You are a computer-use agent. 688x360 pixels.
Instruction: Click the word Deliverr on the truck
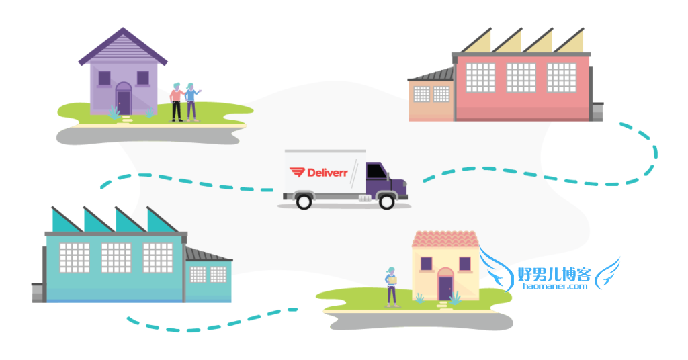[327, 173]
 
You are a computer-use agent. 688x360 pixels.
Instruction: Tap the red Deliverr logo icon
[297, 172]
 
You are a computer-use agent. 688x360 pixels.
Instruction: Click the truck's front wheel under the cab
[386, 201]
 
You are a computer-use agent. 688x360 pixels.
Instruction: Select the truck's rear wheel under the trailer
[304, 201]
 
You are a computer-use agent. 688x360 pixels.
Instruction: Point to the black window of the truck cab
[376, 171]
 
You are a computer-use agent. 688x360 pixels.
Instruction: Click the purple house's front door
[124, 101]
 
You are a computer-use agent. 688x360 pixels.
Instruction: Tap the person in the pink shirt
[177, 101]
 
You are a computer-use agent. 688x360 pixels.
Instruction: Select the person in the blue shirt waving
[191, 101]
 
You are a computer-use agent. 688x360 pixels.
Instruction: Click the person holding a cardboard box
[391, 287]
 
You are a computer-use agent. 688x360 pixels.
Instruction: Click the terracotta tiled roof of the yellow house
[445, 239]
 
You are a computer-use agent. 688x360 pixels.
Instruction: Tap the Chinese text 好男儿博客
[554, 274]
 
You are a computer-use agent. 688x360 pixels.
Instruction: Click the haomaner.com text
[555, 286]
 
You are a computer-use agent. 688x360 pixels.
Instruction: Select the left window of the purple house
[104, 78]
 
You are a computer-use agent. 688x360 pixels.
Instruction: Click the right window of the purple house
[143, 78]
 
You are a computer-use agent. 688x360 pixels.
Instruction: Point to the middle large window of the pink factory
[521, 78]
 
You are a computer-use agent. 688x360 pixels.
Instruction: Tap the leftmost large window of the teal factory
[75, 258]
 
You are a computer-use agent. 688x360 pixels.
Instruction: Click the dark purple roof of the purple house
[123, 46]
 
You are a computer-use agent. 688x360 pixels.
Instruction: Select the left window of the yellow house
[426, 264]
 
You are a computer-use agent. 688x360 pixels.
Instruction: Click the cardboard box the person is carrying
[392, 280]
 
